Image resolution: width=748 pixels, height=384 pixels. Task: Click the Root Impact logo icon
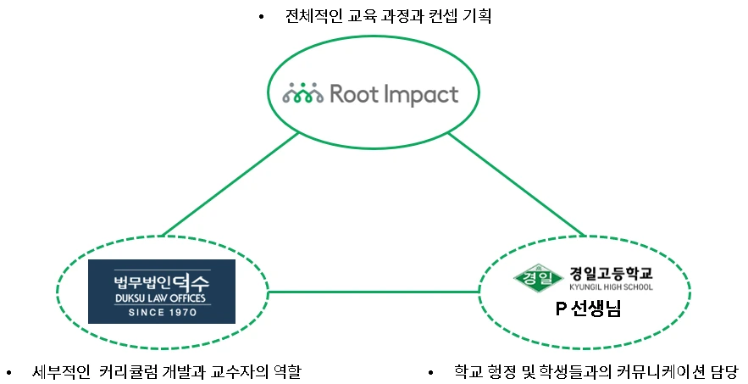coord(302,94)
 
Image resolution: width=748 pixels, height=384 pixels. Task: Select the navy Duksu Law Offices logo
coord(162,291)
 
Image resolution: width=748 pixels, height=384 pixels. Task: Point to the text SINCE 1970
coord(162,312)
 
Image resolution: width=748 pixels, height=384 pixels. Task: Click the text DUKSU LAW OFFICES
coord(162,298)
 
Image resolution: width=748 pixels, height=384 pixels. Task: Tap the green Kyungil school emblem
coord(538,277)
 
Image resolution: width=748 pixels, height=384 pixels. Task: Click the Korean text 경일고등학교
coord(610,273)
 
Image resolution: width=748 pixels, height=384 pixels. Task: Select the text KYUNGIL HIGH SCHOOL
coord(610,287)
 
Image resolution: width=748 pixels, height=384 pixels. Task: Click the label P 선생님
coord(588,309)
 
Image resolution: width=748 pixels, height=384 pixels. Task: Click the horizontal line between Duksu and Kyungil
coord(373,292)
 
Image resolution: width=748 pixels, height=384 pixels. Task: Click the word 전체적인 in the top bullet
coord(316,17)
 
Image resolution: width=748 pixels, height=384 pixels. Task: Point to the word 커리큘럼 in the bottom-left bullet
coord(126,372)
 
